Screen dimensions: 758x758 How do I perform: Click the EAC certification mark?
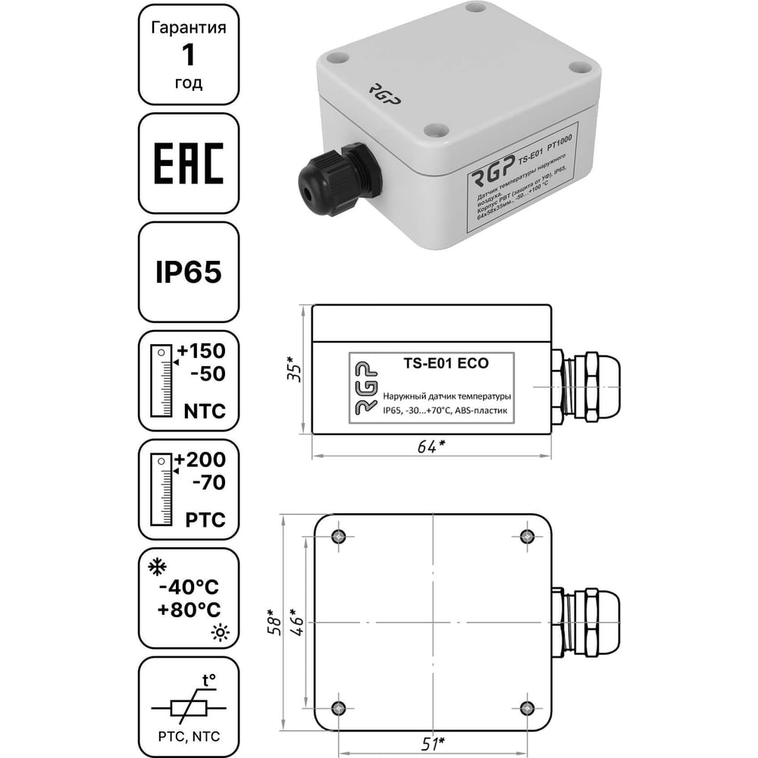coord(189,164)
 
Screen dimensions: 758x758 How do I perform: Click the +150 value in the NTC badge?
coord(201,352)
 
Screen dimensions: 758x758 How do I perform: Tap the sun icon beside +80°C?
coord(221,632)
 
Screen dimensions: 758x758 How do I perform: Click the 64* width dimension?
coord(431,446)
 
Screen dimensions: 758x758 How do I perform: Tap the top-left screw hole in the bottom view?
coord(338,537)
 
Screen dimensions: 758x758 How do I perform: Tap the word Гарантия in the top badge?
coord(188,28)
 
